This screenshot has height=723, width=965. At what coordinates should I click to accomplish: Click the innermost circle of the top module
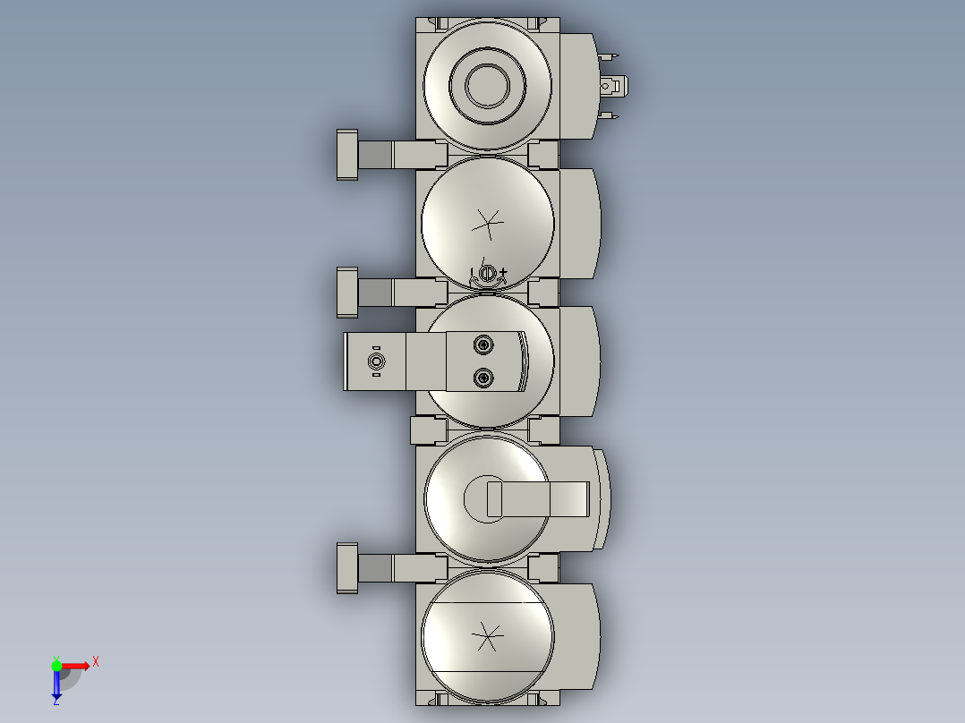pos(488,86)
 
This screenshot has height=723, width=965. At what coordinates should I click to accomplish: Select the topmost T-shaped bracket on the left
pos(347,155)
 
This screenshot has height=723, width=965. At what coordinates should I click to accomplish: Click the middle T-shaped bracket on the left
pos(347,292)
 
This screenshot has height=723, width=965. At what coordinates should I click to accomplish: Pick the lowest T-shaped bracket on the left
pos(347,568)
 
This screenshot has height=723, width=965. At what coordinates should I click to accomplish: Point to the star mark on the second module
pos(488,223)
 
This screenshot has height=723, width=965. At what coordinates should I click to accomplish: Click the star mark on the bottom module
pos(488,637)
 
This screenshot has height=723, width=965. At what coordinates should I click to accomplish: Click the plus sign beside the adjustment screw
pos(503,271)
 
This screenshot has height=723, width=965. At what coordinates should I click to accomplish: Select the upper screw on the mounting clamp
pos(483,344)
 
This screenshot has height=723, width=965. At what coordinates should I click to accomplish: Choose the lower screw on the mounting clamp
pos(483,378)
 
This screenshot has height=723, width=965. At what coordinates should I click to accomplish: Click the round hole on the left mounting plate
pos(376,361)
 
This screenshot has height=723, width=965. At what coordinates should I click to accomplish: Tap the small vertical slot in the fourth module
pos(494,499)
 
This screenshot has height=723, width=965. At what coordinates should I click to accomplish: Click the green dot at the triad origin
pos(56,665)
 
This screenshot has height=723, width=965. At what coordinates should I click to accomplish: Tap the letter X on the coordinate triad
pos(95,662)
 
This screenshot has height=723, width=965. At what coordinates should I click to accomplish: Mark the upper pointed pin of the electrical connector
pos(611,57)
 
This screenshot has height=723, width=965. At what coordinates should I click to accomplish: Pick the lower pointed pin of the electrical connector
pos(611,116)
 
